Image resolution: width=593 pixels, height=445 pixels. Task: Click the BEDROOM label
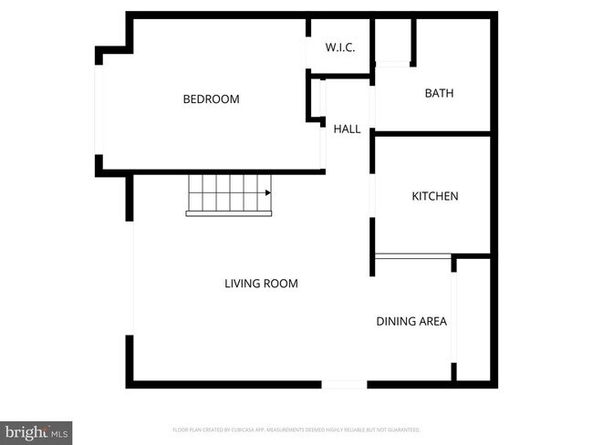pyautogui.click(x=211, y=99)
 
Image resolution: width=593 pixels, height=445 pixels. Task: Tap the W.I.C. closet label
pyautogui.click(x=340, y=47)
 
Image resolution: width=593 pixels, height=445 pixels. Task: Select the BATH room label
pyautogui.click(x=439, y=94)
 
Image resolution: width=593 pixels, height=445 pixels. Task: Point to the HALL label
pyautogui.click(x=347, y=129)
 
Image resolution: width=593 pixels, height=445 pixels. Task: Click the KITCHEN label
pyautogui.click(x=434, y=197)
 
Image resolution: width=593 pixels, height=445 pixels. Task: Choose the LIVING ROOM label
pyautogui.click(x=261, y=284)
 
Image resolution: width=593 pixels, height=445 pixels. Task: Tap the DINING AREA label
pyautogui.click(x=411, y=322)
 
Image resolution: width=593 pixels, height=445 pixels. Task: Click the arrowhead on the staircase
pyautogui.click(x=268, y=193)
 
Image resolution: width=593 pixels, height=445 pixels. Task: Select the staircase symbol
pyautogui.click(x=229, y=195)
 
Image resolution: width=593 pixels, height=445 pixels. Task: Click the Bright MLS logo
pyautogui.click(x=36, y=431)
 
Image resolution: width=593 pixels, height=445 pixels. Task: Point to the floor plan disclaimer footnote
pyautogui.click(x=296, y=429)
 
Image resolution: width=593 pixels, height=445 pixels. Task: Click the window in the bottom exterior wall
pyautogui.click(x=345, y=385)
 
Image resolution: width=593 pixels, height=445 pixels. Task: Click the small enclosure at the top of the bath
pyautogui.click(x=393, y=41)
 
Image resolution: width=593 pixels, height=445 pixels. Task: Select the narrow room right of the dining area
pyautogui.click(x=475, y=319)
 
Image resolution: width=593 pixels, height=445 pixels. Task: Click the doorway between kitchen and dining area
pyautogui.click(x=412, y=256)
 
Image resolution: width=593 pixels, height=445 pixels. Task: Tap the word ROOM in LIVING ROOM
pyautogui.click(x=281, y=284)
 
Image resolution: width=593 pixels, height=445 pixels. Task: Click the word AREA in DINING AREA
pyautogui.click(x=432, y=322)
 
